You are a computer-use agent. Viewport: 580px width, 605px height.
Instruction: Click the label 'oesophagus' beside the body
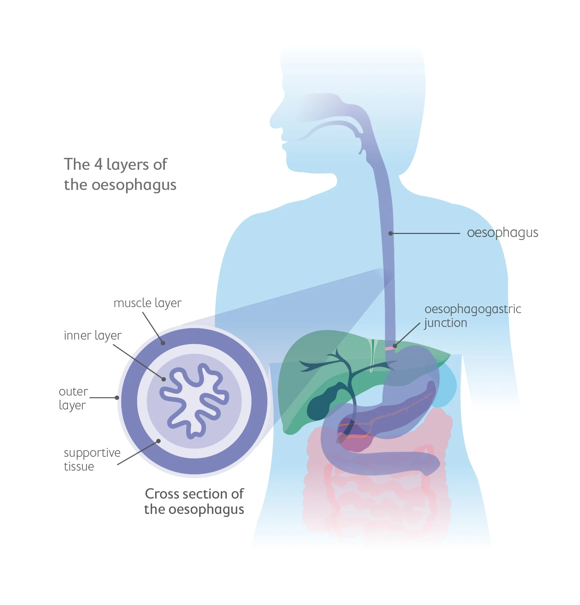tap(502, 233)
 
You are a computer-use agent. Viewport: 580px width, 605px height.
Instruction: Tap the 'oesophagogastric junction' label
tap(472, 316)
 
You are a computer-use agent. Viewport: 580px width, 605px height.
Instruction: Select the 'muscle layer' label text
tap(147, 303)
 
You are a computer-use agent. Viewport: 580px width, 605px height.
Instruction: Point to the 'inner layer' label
tap(93, 336)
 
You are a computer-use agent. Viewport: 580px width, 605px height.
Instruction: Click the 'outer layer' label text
tap(73, 398)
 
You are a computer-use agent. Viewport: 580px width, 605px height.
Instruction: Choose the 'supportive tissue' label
tap(92, 459)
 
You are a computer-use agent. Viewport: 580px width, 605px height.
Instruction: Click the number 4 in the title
tap(98, 165)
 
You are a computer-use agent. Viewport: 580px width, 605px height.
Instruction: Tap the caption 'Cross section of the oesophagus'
tap(194, 501)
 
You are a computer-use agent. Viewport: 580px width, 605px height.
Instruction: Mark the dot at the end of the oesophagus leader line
tap(391, 233)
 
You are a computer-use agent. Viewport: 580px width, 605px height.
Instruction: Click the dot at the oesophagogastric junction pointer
tap(395, 346)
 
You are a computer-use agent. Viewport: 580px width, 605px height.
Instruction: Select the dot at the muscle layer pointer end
tap(163, 343)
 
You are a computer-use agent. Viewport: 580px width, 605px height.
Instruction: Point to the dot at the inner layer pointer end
tap(163, 379)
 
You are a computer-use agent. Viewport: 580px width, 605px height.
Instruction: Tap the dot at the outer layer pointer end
tap(117, 398)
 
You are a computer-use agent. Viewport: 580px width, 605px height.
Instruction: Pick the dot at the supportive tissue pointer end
tap(159, 441)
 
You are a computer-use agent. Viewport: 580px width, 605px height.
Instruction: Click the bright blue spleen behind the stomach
tap(448, 388)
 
